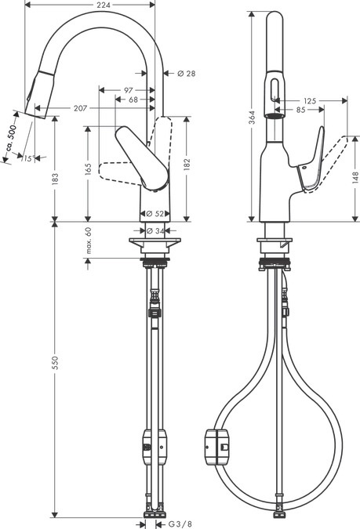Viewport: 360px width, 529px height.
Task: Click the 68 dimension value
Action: coord(133,100)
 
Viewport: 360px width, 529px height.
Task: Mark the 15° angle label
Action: coord(29,159)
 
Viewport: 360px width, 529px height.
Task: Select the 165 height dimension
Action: coord(88,169)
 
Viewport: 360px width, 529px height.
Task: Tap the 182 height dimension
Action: coord(186,165)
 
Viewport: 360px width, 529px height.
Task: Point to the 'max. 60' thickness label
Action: coord(89,241)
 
